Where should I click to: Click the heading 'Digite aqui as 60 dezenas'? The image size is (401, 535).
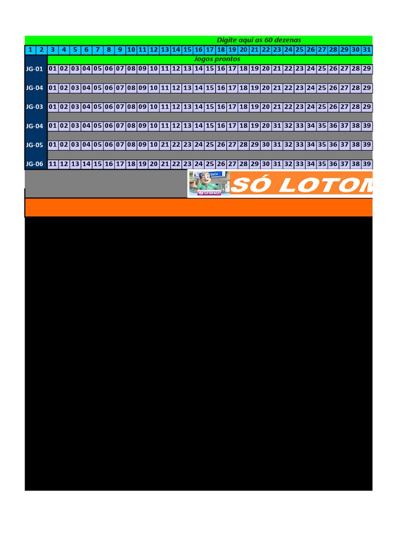coord(259,40)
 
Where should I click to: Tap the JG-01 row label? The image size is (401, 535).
coord(34,69)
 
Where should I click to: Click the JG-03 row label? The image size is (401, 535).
coord(34,107)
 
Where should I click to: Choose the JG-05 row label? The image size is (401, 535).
coord(34,145)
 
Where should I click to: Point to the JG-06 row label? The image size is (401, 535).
coord(34,164)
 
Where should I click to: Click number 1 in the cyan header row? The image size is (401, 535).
coord(30,50)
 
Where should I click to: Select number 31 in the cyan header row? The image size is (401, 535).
coord(367,50)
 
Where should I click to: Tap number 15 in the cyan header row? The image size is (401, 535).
coord(187,50)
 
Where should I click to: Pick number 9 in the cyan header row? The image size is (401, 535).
coord(120,50)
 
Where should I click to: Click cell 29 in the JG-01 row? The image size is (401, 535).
coord(367,69)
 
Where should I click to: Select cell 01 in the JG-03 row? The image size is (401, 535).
coord(53,107)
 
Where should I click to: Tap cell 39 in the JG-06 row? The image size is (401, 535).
coord(367,164)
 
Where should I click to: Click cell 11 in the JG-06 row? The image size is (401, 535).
coord(53,164)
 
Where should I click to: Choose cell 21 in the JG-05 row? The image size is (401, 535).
coord(165,145)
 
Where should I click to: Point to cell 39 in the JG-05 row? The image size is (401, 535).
coord(367,145)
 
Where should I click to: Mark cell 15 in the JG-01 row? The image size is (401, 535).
coord(210,69)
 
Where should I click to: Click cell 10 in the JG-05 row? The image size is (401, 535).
coord(154,145)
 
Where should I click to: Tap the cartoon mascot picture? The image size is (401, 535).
coord(209,183)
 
